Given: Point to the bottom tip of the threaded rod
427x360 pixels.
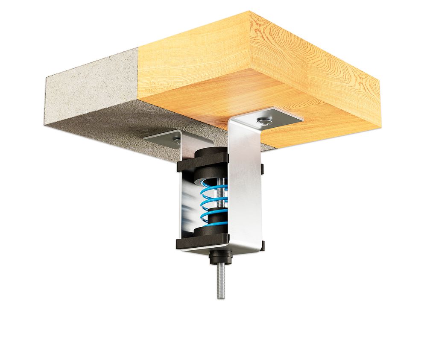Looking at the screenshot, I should click(x=221, y=297).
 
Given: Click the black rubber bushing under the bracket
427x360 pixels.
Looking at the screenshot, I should click(x=221, y=258).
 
